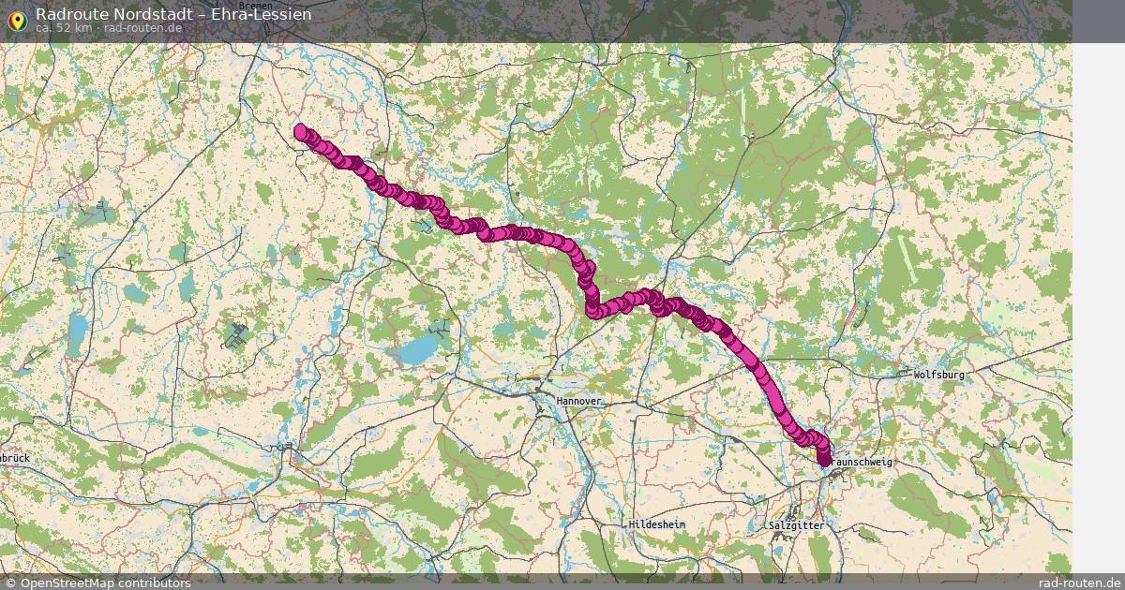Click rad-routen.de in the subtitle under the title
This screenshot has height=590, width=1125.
click(142, 28)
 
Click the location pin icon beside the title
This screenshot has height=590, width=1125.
click(16, 19)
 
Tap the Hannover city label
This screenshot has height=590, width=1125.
click(579, 401)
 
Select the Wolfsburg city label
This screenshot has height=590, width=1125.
click(938, 375)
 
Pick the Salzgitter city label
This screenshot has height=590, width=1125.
click(796, 526)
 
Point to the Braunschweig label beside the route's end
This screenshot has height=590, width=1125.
click(862, 463)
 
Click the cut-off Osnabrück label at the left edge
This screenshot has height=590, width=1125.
click(15, 458)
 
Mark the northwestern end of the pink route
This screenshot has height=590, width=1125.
click(300, 131)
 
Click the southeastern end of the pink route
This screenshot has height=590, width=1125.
click(824, 459)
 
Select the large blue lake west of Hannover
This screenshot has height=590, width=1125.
click(416, 350)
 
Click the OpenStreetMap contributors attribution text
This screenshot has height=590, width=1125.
click(105, 583)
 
